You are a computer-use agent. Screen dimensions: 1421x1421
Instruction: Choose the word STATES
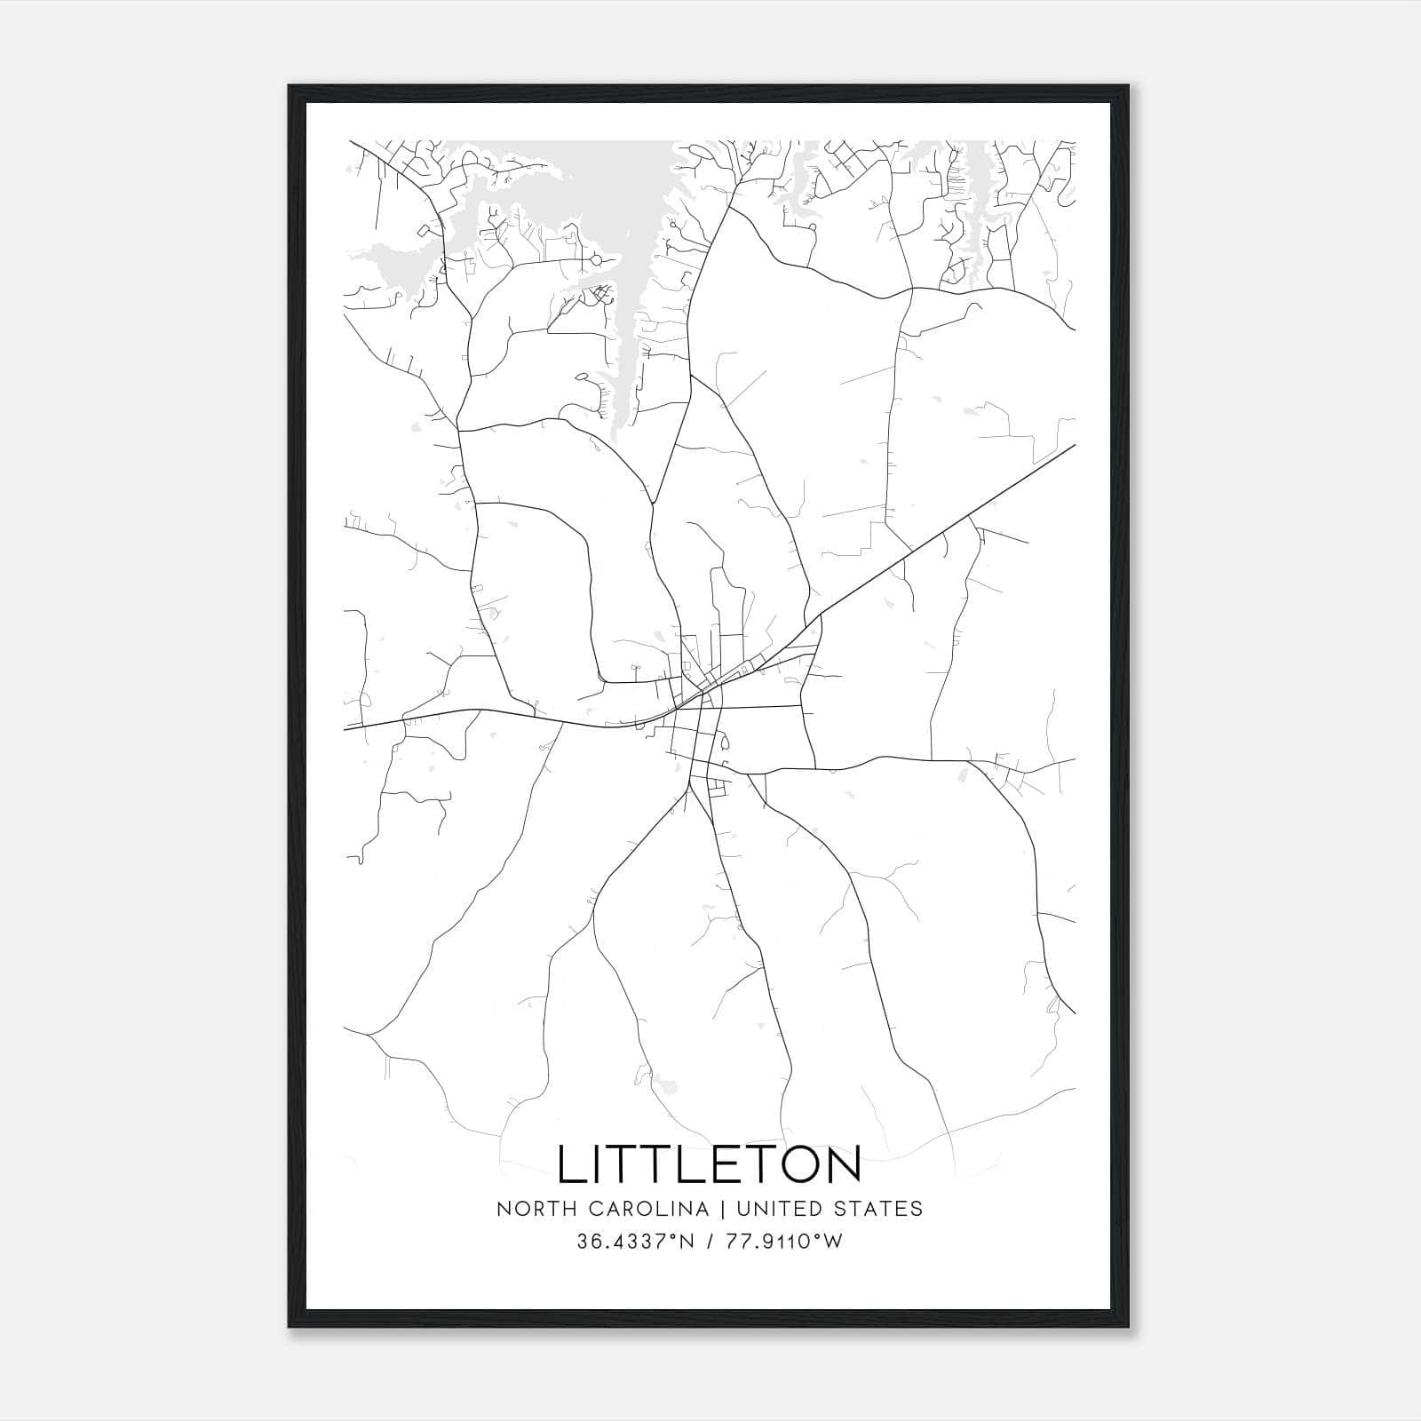(883, 1209)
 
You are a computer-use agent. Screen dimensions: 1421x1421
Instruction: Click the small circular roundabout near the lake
(596, 260)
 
